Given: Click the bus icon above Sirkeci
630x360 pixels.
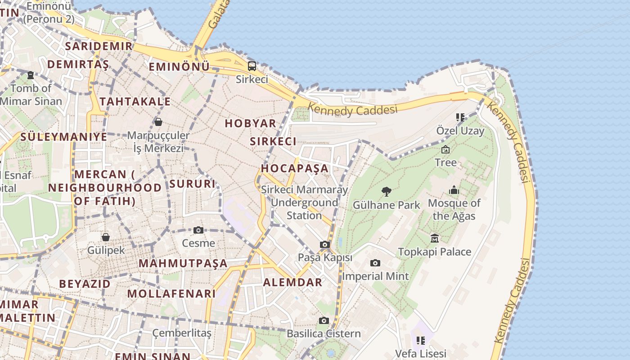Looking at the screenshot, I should pyautogui.click(x=252, y=66).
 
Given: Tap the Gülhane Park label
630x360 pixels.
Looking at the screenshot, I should pyautogui.click(x=386, y=205).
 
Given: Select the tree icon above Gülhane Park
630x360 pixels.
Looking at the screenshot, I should pyautogui.click(x=386, y=192).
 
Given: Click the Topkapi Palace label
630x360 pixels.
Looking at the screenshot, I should pyautogui.click(x=435, y=252).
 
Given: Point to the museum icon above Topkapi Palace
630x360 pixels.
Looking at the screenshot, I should pyautogui.click(x=435, y=238).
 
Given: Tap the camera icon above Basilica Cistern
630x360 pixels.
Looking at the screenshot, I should pyautogui.click(x=324, y=320).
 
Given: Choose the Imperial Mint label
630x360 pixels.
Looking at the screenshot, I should pyautogui.click(x=375, y=276).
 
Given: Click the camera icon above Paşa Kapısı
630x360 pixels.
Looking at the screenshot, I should pyautogui.click(x=325, y=244).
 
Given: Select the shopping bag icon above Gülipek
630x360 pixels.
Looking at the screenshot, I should pyautogui.click(x=106, y=237).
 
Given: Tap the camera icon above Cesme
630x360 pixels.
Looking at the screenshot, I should pyautogui.click(x=198, y=230).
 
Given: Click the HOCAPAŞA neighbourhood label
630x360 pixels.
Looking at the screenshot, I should pyautogui.click(x=295, y=168).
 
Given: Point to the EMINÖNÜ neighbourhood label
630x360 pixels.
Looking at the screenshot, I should pyautogui.click(x=179, y=67).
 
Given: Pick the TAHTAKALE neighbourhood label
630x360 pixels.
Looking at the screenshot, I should pyautogui.click(x=135, y=101).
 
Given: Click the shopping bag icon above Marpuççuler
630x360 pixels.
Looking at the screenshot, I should pyautogui.click(x=158, y=121).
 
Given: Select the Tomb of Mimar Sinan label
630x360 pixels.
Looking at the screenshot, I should pyautogui.click(x=31, y=94).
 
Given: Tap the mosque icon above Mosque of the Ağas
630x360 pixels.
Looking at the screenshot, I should pyautogui.click(x=454, y=190).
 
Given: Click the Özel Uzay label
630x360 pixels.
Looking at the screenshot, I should pyautogui.click(x=460, y=131).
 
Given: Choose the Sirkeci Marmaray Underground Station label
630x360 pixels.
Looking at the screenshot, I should pyautogui.click(x=305, y=202).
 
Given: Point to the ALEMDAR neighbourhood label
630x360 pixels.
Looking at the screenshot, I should pyautogui.click(x=292, y=283).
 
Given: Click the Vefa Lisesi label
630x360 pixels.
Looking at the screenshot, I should pyautogui.click(x=421, y=353).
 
